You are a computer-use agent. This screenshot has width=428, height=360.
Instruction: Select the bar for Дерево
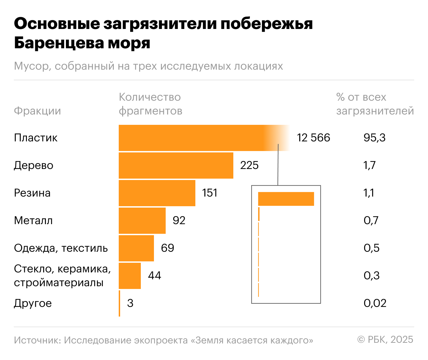[x=176, y=166]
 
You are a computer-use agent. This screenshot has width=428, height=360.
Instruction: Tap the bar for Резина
[x=157, y=193]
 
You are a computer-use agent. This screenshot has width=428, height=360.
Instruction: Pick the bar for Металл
[x=142, y=221]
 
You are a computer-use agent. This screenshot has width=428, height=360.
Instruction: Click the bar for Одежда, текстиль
[x=136, y=248]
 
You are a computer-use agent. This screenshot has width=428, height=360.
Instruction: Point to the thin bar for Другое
[x=119, y=303]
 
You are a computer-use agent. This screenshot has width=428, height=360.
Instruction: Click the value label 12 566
[x=313, y=138]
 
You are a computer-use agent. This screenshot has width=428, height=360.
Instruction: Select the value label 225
[x=249, y=166]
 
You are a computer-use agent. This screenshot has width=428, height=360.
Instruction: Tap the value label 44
[x=154, y=276]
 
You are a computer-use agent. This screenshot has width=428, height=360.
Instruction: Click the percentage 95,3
[x=374, y=138]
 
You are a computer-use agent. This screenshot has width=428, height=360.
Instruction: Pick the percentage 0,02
[x=375, y=303]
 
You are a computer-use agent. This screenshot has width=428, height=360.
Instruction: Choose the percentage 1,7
[x=369, y=166]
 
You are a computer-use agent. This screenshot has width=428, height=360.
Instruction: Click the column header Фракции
[x=37, y=111]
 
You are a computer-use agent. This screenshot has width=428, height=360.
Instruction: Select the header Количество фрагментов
[x=150, y=104]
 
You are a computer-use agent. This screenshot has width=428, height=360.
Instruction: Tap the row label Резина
[x=32, y=193]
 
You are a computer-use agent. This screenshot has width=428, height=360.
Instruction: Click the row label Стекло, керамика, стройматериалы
[x=62, y=276]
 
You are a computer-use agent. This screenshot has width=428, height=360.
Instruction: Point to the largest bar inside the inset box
[x=286, y=199]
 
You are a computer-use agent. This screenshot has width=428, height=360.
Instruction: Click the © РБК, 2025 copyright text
[x=385, y=340]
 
